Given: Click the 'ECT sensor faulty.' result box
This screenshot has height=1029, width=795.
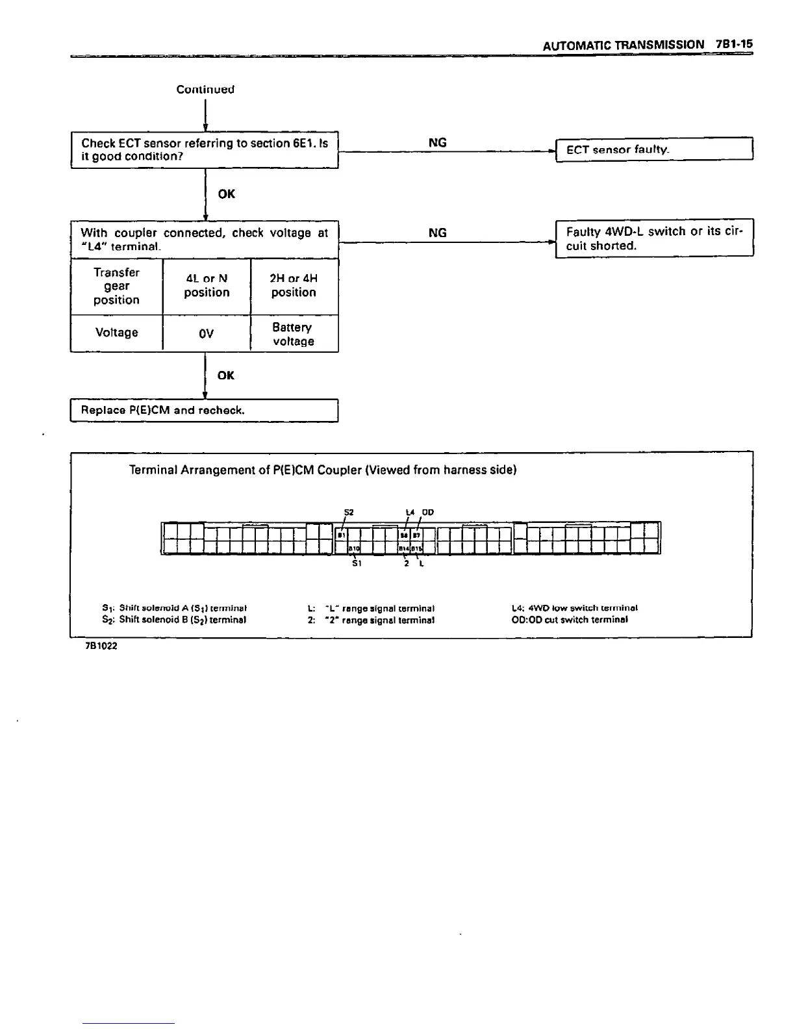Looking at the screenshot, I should coord(653,150).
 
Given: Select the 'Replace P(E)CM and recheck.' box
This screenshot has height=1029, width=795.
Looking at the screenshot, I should coord(204,411).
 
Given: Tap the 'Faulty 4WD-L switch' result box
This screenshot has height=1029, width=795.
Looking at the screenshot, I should coord(653,239).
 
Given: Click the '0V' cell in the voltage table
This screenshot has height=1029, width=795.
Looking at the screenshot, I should coord(206,333).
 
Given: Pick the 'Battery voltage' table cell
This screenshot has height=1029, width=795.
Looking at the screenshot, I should coord(294,334).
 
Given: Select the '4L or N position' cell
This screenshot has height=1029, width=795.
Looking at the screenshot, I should coord(207,286).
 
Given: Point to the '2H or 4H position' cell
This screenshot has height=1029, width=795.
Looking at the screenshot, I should coord(294,286).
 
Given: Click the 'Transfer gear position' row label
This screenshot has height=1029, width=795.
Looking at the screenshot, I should coord(116,286).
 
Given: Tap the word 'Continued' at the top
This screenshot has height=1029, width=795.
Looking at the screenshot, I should coord(205,90).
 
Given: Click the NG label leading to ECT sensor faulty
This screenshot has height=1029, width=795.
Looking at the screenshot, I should coord(438,143).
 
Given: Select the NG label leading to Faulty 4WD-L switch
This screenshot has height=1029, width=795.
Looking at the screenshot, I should coord(438,233).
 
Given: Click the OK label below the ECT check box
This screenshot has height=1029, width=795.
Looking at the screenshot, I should coord(227,194).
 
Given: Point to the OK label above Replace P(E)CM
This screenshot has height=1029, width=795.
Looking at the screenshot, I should coord(226,375).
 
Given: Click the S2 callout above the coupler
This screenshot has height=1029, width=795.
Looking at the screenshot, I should coord(348,513).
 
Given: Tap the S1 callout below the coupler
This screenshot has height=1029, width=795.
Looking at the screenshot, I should coord(356,563).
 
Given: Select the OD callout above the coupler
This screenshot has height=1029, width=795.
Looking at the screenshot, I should coord(427,513).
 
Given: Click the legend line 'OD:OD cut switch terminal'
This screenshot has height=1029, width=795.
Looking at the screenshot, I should coord(570,620).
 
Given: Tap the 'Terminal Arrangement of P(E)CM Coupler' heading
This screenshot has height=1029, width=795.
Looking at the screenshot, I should coord(323,470).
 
